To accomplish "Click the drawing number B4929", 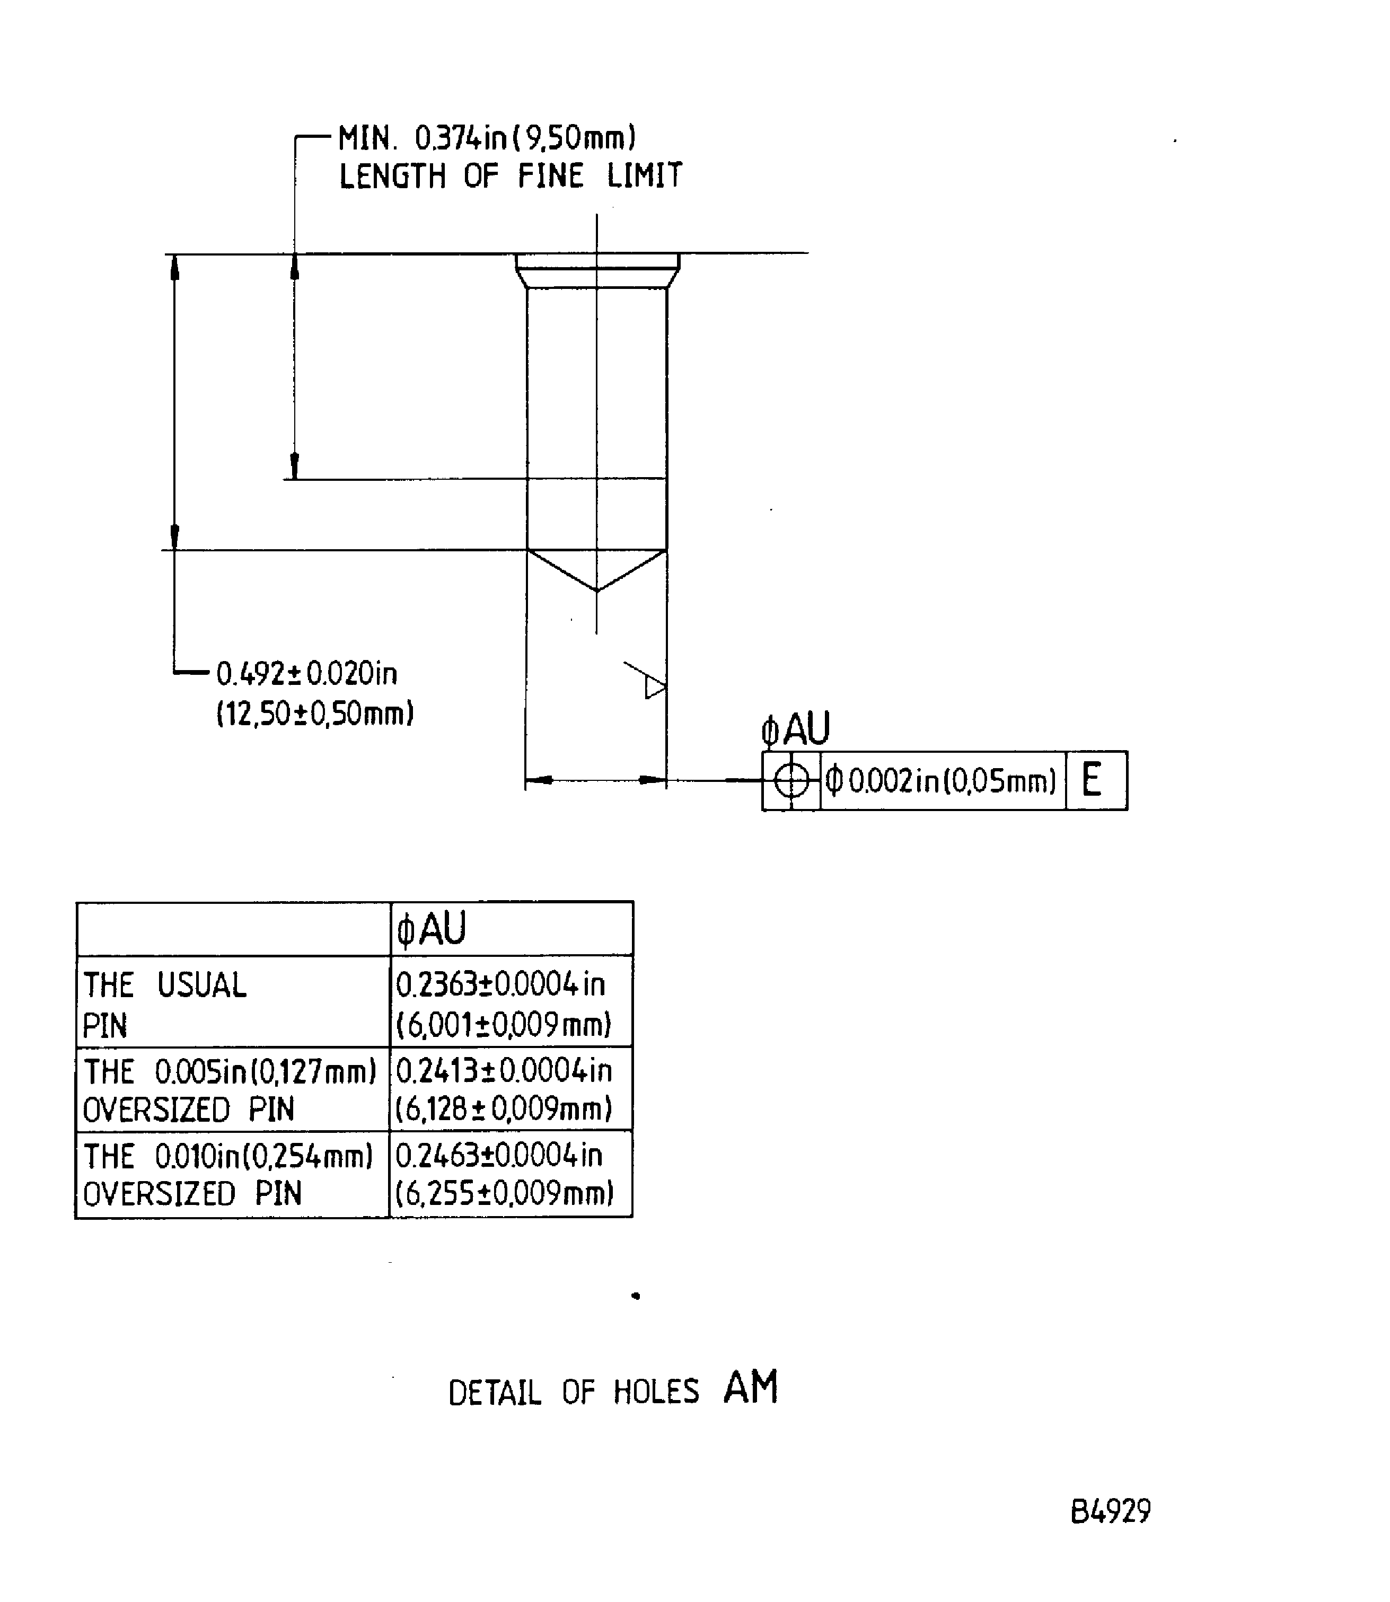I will (1110, 1511).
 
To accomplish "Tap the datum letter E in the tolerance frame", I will (1092, 780).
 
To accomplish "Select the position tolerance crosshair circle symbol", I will (791, 780).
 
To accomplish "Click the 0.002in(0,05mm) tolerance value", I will (941, 780).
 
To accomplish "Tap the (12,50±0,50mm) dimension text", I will (315, 713).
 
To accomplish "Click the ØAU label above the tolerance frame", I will (795, 729).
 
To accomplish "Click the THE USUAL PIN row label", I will (164, 1004).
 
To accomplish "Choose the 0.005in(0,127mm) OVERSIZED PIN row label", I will (230, 1090).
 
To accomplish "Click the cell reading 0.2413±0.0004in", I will (504, 1071).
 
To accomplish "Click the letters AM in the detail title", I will (750, 1388).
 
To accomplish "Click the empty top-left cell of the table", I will (233, 929).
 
